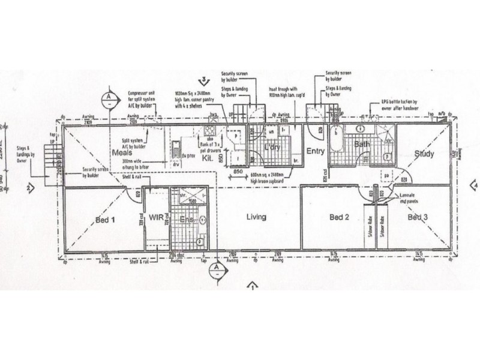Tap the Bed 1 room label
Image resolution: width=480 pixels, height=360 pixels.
coord(105,220)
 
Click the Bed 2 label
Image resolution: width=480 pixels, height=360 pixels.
coord(339,217)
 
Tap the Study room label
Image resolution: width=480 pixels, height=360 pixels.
coord(424,154)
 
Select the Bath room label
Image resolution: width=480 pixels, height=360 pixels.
coord(361,145)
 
